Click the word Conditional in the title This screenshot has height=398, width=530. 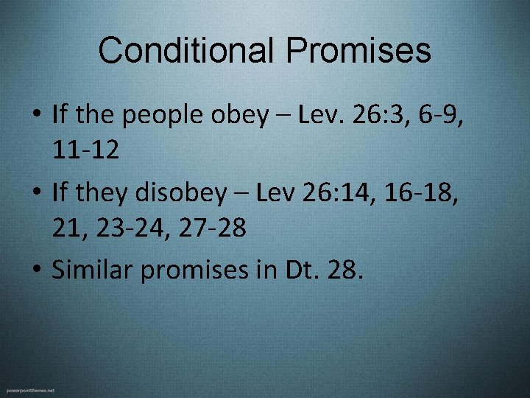coord(186,51)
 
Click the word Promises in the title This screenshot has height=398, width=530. coord(358,51)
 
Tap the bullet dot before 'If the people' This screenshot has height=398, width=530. coord(36,116)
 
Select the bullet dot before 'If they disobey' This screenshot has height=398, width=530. coord(36,193)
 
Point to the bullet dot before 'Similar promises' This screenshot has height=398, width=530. coord(36,270)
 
